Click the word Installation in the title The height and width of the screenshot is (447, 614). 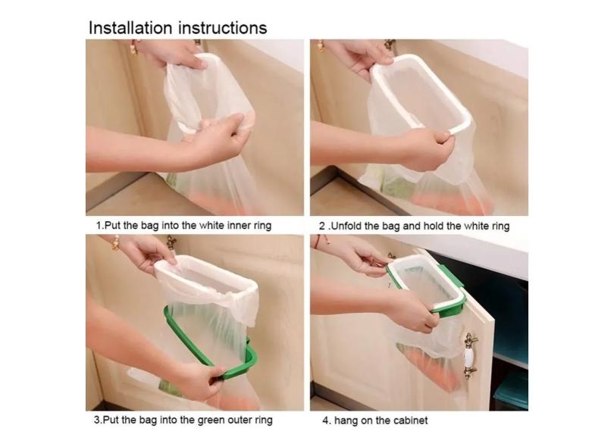(x=130, y=28)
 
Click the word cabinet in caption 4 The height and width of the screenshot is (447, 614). (x=410, y=420)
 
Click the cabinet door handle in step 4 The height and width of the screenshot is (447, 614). (x=470, y=356)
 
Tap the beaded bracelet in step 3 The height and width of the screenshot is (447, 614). (x=115, y=242)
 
